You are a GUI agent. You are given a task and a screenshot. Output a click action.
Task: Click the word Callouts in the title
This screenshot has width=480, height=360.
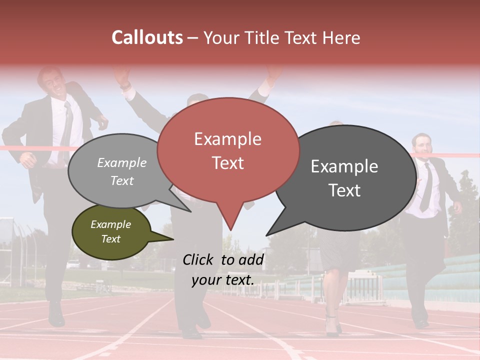pyautogui.click(x=147, y=37)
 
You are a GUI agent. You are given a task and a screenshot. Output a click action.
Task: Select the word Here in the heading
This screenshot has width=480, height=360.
pyautogui.click(x=342, y=37)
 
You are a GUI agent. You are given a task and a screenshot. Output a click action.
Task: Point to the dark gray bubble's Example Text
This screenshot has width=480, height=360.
pyautogui.click(x=344, y=178)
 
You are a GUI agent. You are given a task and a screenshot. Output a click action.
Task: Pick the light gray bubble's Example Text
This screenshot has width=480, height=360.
pyautogui.click(x=122, y=171)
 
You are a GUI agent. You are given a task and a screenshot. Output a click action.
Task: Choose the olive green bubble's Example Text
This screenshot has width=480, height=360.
pyautogui.click(x=110, y=231)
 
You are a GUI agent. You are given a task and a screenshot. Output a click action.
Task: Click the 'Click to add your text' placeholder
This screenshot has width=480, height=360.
pyautogui.click(x=223, y=269)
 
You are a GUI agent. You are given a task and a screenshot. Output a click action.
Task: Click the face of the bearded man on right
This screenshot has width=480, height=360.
pyautogui.click(x=422, y=145)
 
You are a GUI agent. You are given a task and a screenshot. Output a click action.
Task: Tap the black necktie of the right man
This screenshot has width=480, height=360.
pyautogui.click(x=426, y=187)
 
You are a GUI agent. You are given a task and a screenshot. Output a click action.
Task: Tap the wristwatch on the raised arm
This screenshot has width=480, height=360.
pyautogui.click(x=125, y=85)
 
